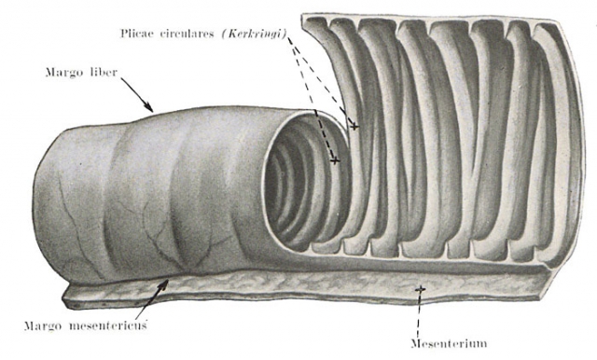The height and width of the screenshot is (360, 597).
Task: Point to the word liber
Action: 104,72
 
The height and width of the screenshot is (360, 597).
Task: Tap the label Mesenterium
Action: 449,344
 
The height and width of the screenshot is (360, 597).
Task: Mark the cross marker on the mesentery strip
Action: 420,289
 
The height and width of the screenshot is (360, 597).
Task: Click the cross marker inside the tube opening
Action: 335,161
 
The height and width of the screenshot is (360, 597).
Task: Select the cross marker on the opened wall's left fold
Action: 354,126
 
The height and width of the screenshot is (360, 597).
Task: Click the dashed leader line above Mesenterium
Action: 419,315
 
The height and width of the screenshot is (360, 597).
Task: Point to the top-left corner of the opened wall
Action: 301,15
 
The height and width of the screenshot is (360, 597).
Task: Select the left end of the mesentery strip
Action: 65,298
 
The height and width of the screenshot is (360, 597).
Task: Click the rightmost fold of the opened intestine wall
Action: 561,145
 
